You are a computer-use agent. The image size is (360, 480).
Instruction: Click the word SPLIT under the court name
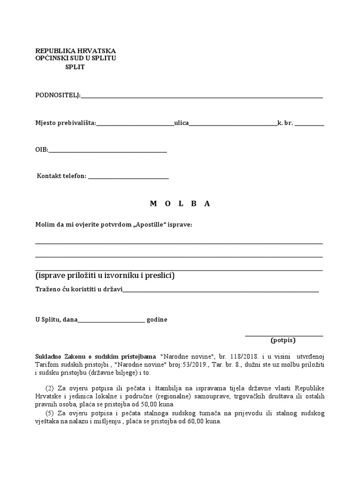(x=75, y=67)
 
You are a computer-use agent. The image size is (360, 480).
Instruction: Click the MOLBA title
(x=180, y=203)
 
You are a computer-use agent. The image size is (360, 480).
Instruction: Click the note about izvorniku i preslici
(x=105, y=276)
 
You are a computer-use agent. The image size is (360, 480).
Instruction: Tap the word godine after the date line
(x=157, y=320)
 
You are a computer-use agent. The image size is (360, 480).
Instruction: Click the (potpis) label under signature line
(x=283, y=340)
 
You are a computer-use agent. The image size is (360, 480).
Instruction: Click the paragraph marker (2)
(x=50, y=389)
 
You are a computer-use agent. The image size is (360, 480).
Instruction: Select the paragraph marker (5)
(x=50, y=413)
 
